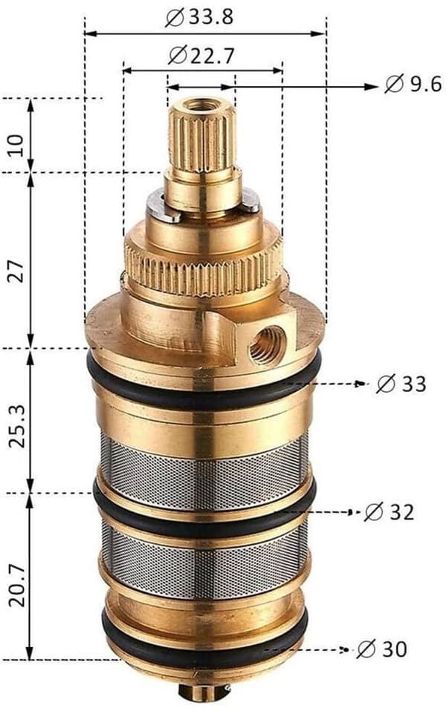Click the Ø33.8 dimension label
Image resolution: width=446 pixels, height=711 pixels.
tap(199, 18)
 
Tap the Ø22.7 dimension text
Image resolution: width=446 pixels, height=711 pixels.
tap(201, 56)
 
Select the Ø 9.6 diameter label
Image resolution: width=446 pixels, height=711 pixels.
tap(413, 85)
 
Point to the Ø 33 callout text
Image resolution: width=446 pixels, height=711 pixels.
tap(401, 384)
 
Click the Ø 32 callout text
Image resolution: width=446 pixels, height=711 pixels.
tap(390, 512)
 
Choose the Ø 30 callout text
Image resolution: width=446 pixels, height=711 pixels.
tap(382, 649)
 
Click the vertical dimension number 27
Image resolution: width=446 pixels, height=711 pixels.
tap(16, 271)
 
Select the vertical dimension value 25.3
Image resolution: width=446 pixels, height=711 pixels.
tap(17, 426)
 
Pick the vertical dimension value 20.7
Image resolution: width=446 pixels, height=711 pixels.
tap(17, 586)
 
